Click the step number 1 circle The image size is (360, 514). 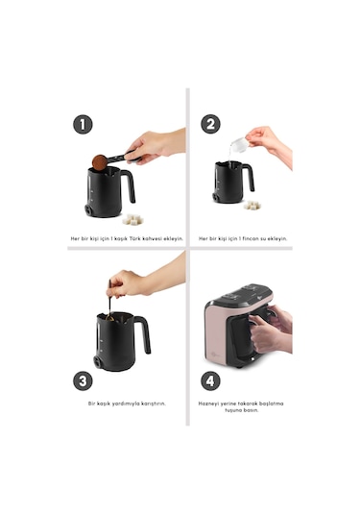pyautogui.click(x=83, y=124)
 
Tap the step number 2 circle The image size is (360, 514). pyautogui.click(x=210, y=124)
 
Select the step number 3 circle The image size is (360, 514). pyautogui.click(x=83, y=380)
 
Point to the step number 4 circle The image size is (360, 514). pyautogui.click(x=210, y=380)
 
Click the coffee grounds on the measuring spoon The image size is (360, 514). pyautogui.click(x=100, y=162)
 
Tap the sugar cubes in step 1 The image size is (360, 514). pyautogui.click(x=132, y=220)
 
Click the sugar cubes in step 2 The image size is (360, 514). pyautogui.click(x=252, y=206)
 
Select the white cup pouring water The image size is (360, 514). pyautogui.click(x=239, y=144)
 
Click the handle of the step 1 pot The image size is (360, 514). pyautogui.click(x=130, y=185)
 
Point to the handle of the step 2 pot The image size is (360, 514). pyautogui.click(x=250, y=178)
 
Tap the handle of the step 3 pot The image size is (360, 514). pyautogui.click(x=144, y=333)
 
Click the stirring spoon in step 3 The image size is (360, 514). pyautogui.click(x=109, y=301)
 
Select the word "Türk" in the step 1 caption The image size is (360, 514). pyautogui.click(x=135, y=238)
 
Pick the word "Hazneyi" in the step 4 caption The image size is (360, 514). pyautogui.click(x=208, y=404)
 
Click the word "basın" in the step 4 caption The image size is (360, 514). pyautogui.click(x=252, y=410)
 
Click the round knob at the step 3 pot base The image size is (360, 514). pyautogui.click(x=98, y=361)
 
